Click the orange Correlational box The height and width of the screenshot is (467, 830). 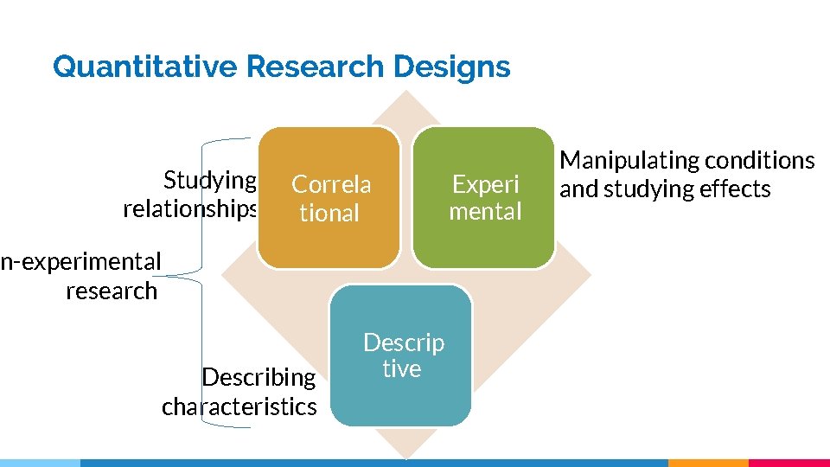[x=329, y=198]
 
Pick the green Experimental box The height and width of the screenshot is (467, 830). [x=484, y=198]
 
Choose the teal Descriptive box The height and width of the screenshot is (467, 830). [x=402, y=355]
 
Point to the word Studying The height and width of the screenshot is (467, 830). [x=210, y=180]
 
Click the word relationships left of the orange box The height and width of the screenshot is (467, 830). [x=190, y=209]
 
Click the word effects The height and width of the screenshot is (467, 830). [x=734, y=189]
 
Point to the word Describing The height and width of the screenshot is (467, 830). [x=259, y=377]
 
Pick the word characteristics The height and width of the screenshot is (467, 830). [x=239, y=406]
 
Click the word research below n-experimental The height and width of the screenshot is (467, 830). [x=112, y=291]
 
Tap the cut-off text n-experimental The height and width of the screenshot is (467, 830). [x=80, y=261]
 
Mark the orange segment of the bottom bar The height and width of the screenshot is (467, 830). [x=708, y=463]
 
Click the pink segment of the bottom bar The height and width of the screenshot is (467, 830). [x=788, y=463]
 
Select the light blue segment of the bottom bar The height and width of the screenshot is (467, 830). [x=40, y=463]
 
